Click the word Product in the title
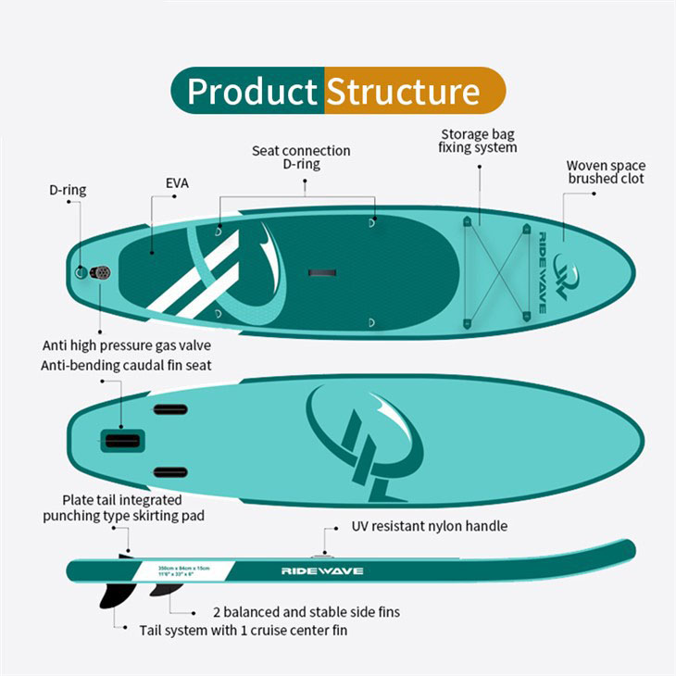[x=252, y=92]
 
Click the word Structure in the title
[x=403, y=92]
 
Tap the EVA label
[x=177, y=183]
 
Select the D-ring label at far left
[x=68, y=190]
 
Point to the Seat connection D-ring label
[x=301, y=157]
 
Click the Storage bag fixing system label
[x=478, y=141]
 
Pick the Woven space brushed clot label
[x=606, y=172]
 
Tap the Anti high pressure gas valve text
[x=133, y=345]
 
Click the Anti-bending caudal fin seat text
[x=126, y=365]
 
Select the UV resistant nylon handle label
[x=430, y=526]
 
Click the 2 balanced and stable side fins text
[x=307, y=612]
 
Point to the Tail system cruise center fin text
[x=244, y=631]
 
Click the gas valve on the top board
[x=101, y=272]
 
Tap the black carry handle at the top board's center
[x=322, y=272]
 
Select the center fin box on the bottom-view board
[x=122, y=439]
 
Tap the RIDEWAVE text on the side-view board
[x=322, y=570]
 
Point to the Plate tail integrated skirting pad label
[x=124, y=507]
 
